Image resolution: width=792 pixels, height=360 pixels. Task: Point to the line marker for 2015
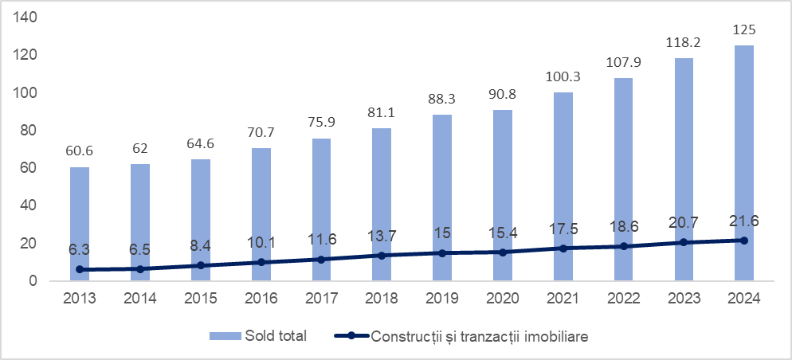click(200, 265)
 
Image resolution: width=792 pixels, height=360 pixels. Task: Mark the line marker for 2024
click(744, 241)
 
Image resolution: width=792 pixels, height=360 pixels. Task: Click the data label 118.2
click(684, 42)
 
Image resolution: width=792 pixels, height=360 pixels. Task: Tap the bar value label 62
click(139, 148)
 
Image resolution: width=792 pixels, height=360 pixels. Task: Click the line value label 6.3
click(80, 249)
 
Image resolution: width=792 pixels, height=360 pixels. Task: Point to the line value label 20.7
click(684, 222)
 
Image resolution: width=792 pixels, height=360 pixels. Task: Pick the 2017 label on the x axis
click(321, 299)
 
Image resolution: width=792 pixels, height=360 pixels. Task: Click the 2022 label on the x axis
click(623, 299)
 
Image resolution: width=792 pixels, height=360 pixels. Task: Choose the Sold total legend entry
click(259, 336)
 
